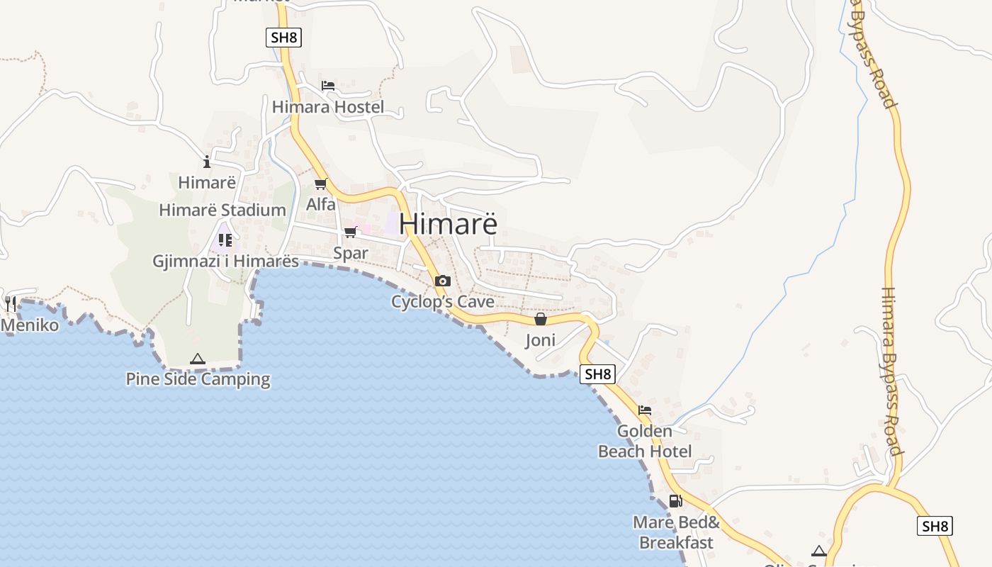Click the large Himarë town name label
click(448, 223)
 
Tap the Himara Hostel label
click(328, 107)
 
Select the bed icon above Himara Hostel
click(327, 85)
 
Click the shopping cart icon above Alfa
click(321, 184)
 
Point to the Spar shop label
click(351, 253)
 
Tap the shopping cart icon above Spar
click(350, 232)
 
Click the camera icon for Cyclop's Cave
click(443, 281)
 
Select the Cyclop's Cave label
click(443, 302)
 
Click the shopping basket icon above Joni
click(541, 320)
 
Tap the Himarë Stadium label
click(222, 210)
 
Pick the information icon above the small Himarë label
click(207, 162)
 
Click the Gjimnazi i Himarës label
click(226, 261)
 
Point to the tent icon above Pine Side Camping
click(198, 359)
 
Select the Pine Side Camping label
click(198, 379)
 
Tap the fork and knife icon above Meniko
click(11, 304)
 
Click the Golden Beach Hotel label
click(645, 441)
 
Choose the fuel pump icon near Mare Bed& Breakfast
click(675, 501)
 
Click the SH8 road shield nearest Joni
click(597, 374)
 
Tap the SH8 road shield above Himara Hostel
click(284, 38)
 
